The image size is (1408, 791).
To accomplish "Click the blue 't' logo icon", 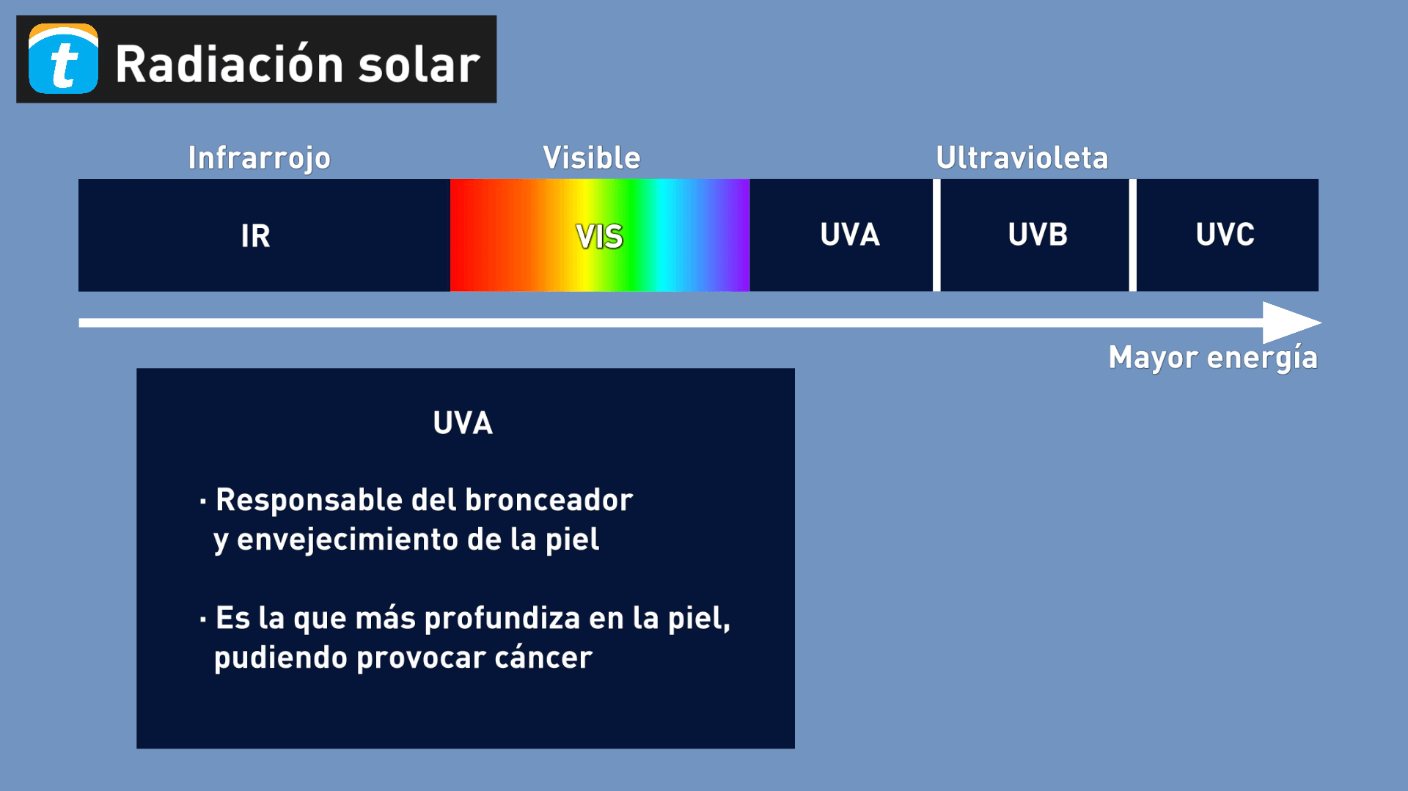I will click(x=63, y=59).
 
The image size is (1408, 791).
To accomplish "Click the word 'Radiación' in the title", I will click(x=230, y=65).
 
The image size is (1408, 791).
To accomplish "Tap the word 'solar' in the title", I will click(x=419, y=65).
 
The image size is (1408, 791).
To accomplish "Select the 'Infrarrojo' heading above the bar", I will click(x=259, y=158).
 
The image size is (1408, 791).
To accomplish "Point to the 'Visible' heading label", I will click(x=591, y=158).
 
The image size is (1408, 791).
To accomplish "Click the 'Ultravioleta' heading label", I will click(x=1022, y=158).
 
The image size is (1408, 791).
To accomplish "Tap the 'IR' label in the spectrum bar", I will click(x=255, y=236).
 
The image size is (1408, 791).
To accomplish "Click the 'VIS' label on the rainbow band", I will click(x=599, y=237).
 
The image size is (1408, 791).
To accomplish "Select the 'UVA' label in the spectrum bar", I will click(x=849, y=235).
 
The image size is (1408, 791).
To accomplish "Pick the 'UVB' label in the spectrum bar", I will click(x=1037, y=235).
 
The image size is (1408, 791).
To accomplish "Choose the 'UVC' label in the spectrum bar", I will click(x=1225, y=235).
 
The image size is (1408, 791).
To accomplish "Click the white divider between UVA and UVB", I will click(x=936, y=235).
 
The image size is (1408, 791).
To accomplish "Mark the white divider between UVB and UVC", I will click(x=1132, y=235).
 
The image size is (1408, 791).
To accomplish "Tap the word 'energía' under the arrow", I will click(x=1262, y=358).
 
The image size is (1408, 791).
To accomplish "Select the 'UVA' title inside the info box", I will click(x=463, y=423).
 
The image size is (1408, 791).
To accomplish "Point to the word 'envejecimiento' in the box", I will click(x=348, y=540).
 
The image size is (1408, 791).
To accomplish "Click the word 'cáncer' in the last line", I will click(x=543, y=658).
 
